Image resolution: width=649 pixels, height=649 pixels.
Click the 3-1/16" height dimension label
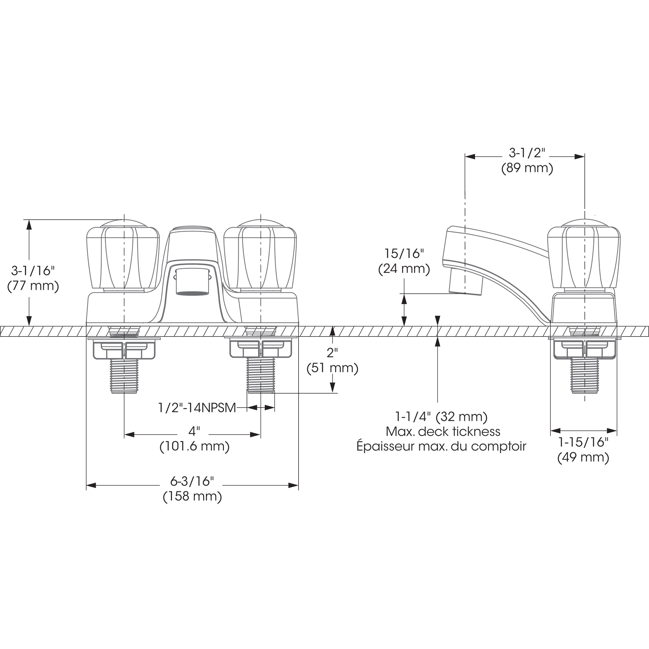click(x=32, y=270)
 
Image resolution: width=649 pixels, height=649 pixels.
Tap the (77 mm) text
click(x=33, y=286)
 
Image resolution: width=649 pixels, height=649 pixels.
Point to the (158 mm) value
click(x=192, y=496)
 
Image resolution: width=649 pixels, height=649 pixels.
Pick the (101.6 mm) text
click(x=194, y=447)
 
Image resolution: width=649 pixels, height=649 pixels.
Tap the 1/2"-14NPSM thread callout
click(x=197, y=408)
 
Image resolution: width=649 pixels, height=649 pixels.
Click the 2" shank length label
click(x=332, y=353)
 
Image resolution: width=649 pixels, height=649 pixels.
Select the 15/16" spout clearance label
click(x=404, y=254)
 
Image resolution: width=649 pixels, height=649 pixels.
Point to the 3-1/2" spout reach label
click(x=526, y=153)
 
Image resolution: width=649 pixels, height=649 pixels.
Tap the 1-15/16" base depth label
click(x=583, y=442)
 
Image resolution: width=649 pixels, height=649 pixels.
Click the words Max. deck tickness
click(x=443, y=432)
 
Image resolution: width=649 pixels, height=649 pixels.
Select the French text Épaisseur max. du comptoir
click(x=441, y=447)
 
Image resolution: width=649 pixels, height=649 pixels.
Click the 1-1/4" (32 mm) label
click(x=441, y=417)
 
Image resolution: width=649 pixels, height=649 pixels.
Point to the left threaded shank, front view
click(x=124, y=375)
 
